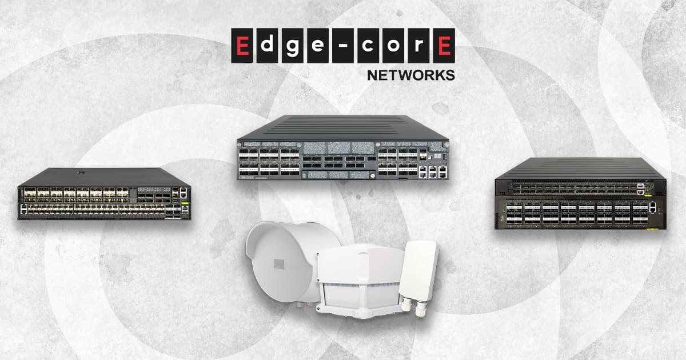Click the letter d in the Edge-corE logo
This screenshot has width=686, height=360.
point(268,46)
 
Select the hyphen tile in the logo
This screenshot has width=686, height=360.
point(342,46)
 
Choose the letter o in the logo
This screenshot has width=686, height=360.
point(393,46)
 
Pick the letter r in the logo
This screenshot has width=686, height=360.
point(418,46)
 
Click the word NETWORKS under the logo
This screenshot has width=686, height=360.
point(410,75)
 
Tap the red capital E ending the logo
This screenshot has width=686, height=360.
point(442,46)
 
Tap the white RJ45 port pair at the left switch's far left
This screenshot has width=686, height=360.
point(23,209)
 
